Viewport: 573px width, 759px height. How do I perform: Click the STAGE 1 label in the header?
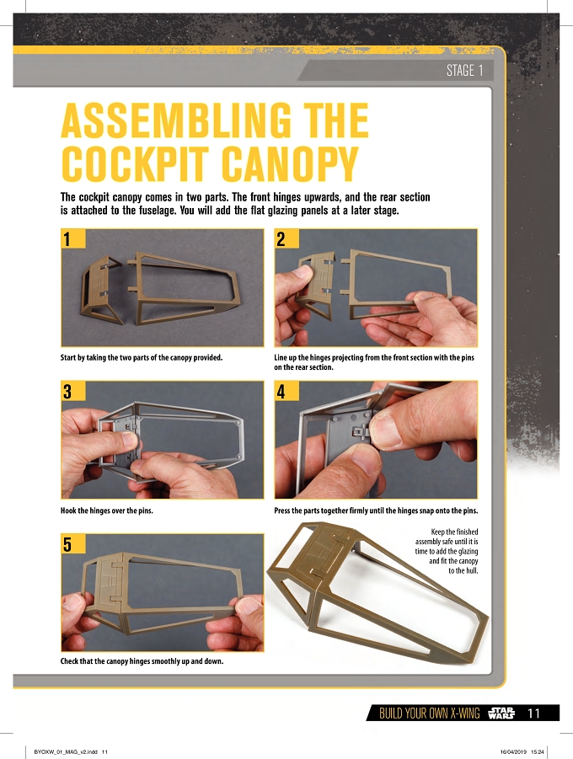tap(464, 71)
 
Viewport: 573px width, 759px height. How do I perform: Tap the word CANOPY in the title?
tap(290, 163)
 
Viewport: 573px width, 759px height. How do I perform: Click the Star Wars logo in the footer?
tap(501, 713)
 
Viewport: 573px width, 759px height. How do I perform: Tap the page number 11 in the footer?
tap(533, 713)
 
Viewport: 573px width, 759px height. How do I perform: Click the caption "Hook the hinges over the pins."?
tap(106, 510)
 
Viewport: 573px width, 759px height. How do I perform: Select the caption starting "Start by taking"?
tap(142, 358)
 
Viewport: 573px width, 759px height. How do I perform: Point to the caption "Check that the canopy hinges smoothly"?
tap(142, 661)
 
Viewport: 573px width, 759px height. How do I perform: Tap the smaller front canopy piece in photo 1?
tap(100, 289)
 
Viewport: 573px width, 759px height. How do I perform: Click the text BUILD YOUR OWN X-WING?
tap(429, 713)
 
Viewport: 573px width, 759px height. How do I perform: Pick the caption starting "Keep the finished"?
tap(447, 551)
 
